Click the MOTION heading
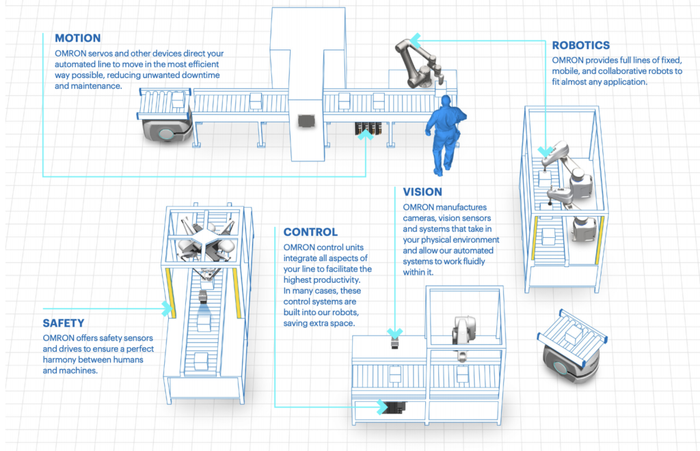point(77,38)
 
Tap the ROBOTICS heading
point(580,46)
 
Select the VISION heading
point(422,192)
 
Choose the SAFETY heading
point(63,323)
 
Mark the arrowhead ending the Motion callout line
point(367,135)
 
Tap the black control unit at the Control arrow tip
point(394,407)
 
